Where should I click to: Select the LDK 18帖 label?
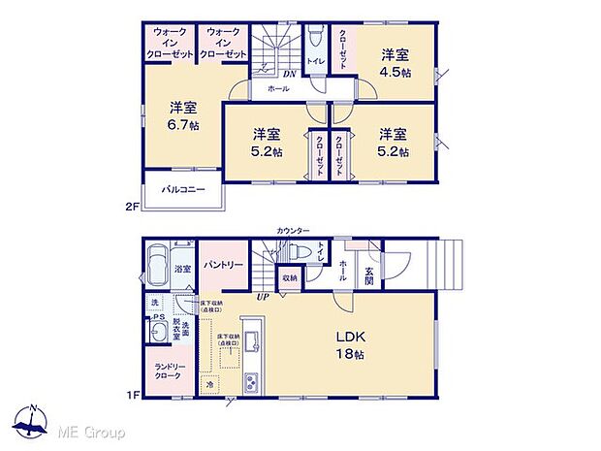350,344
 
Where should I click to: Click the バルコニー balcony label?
182,189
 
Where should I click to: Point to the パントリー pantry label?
225,264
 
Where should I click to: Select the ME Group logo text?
92,431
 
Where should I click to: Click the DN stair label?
289,73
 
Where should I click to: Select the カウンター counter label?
292,231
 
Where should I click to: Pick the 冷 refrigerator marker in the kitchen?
209,386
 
